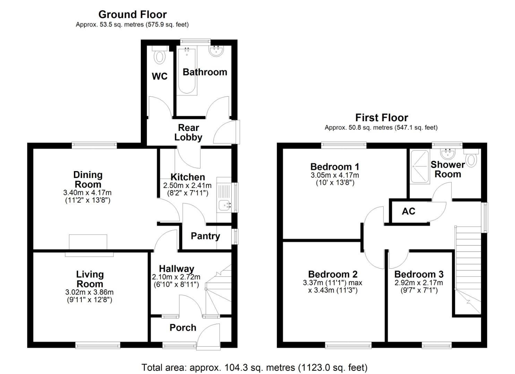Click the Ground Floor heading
click(132, 15)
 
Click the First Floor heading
click(381, 118)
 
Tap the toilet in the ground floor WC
click(160, 56)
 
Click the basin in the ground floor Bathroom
click(217, 51)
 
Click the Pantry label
click(205, 236)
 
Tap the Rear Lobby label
click(188, 133)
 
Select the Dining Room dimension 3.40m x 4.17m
click(87, 193)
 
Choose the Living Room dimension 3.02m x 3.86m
click(89, 292)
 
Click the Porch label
click(183, 328)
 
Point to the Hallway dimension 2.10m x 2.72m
click(176, 277)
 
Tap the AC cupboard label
click(408, 211)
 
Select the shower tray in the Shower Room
click(420, 167)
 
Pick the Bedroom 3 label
click(419, 275)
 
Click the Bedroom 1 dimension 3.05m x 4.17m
click(335, 175)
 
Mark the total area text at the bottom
click(254, 367)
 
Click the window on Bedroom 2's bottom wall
click(348, 345)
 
